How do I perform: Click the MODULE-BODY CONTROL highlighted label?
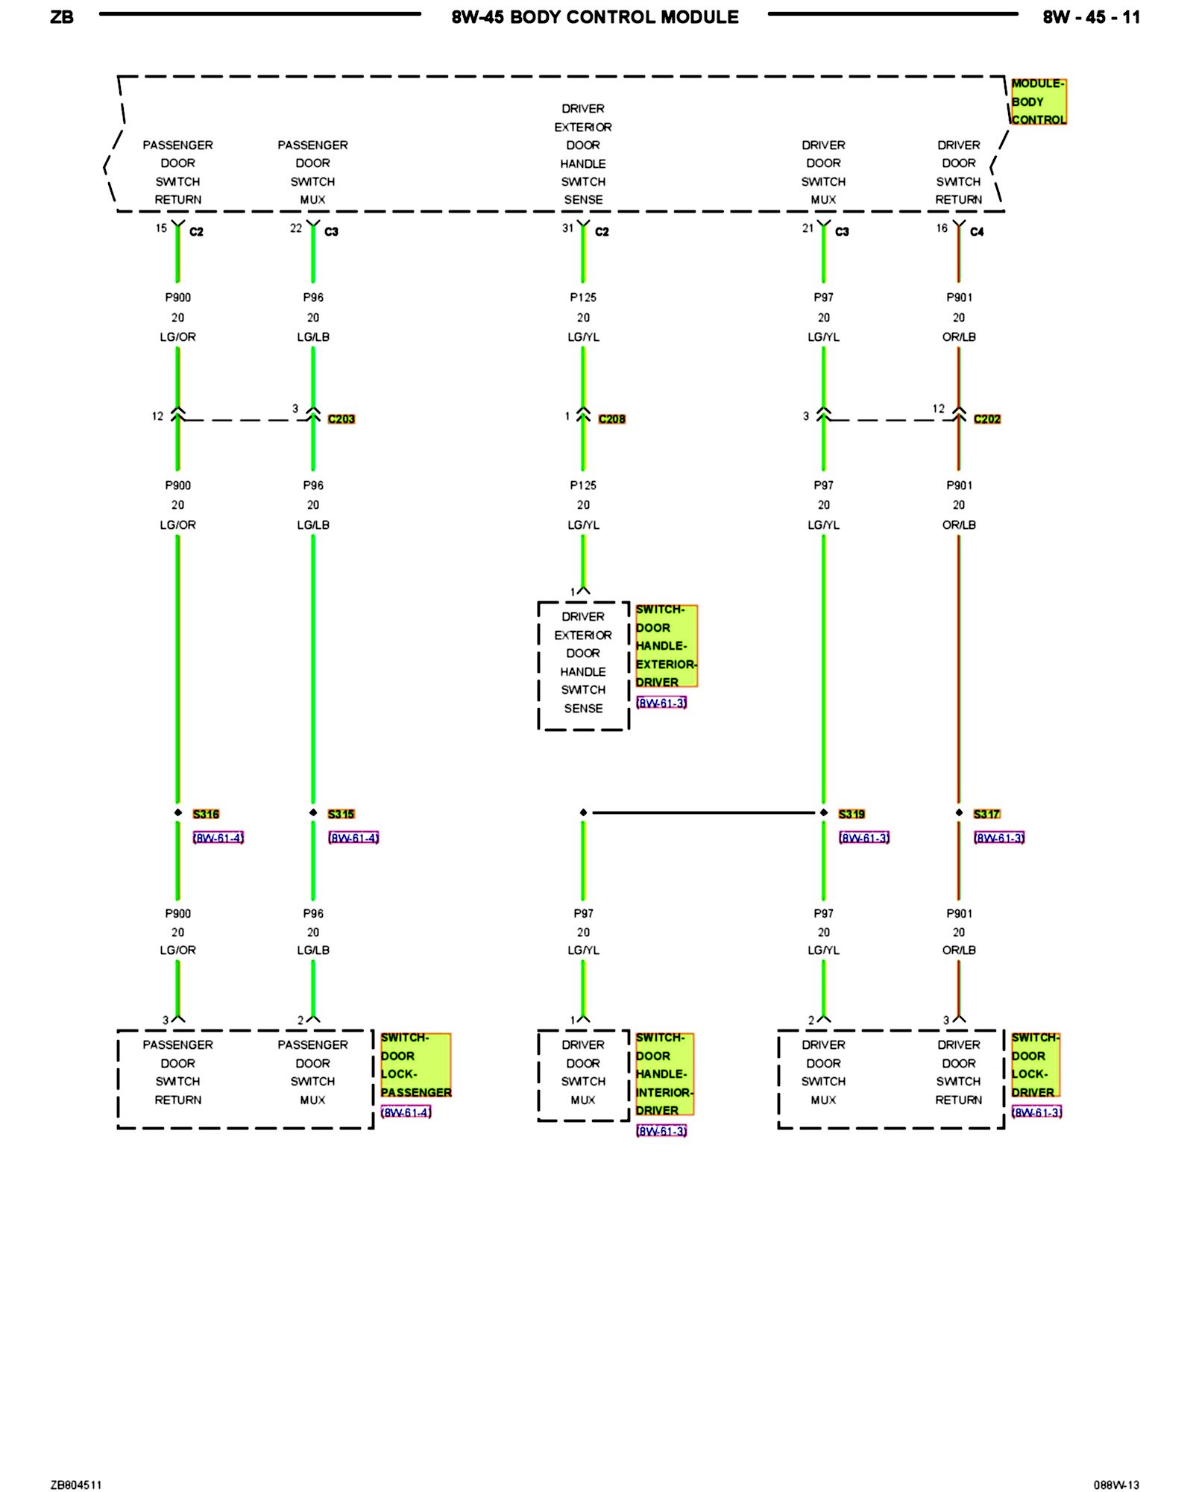point(1038,101)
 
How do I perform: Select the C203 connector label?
point(341,419)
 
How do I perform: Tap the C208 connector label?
point(611,419)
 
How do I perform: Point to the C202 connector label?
point(986,419)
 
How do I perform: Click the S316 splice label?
point(206,814)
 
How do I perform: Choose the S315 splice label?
point(341,814)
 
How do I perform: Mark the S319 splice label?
point(852,814)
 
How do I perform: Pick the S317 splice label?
point(986,814)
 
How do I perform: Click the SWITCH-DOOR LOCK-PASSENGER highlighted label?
point(415,1065)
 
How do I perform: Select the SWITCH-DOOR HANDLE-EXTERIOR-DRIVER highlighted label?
point(666,646)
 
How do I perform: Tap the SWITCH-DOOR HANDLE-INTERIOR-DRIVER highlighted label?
point(664,1074)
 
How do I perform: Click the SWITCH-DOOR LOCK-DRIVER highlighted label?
point(1035,1065)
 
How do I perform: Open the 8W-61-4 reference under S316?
point(218,838)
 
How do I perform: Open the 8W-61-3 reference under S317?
point(999,838)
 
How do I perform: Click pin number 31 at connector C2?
point(567,228)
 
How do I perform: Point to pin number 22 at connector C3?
point(296,228)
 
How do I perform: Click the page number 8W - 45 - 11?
point(1091,17)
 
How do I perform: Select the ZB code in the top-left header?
point(62,17)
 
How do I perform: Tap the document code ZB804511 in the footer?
point(76,1485)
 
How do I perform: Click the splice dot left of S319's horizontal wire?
point(583,812)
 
